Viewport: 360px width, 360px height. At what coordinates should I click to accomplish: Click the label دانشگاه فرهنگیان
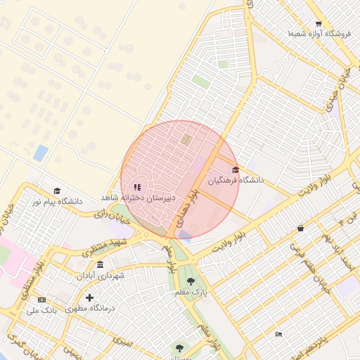tap(236, 181)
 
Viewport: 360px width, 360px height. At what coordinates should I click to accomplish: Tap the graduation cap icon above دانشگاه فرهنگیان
tap(236, 169)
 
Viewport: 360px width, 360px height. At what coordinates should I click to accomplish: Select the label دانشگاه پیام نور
tap(56, 201)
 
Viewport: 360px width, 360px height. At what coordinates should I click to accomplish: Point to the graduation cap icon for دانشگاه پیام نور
tap(56, 191)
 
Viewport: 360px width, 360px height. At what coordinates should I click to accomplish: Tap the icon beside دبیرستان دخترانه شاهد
tap(137, 187)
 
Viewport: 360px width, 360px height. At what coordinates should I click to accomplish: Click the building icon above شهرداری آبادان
tap(100, 265)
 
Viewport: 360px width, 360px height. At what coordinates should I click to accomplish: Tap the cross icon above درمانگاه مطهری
tap(89, 297)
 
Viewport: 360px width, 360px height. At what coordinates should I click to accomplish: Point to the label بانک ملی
tap(41, 309)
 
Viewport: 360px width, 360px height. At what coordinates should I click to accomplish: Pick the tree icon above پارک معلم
tap(190, 281)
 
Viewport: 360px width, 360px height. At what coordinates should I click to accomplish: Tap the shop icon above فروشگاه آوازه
tap(319, 23)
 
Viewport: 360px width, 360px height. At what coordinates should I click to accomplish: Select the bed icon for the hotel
tap(279, 333)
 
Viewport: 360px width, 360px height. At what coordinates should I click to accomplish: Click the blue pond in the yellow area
tap(41, 153)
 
